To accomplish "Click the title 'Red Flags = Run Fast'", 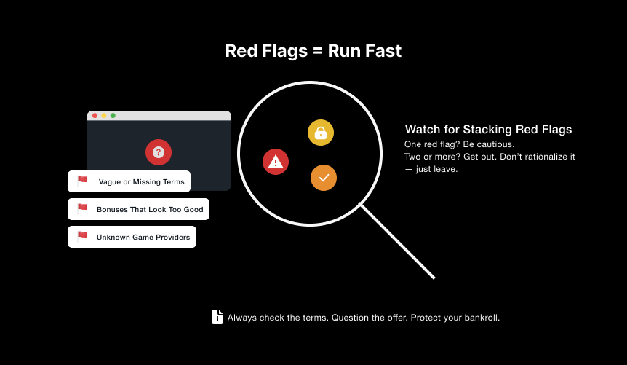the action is click(x=313, y=51).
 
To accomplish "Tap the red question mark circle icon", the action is click(x=159, y=152).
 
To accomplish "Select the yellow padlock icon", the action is click(x=321, y=133).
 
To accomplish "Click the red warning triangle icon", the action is click(x=276, y=162).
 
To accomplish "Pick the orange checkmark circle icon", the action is click(x=324, y=178).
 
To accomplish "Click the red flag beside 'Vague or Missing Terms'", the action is click(x=82, y=180).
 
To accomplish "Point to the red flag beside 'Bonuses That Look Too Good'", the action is click(x=82, y=208).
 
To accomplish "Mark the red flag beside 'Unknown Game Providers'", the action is click(x=82, y=235).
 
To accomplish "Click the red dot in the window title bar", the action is click(x=95, y=115).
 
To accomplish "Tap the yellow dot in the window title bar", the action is click(x=104, y=115).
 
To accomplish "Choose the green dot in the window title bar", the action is click(x=113, y=115).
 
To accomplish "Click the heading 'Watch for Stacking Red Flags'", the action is click(x=488, y=130).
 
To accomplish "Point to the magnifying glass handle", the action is click(x=397, y=242).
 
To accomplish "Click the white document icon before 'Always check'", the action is click(x=217, y=317).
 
